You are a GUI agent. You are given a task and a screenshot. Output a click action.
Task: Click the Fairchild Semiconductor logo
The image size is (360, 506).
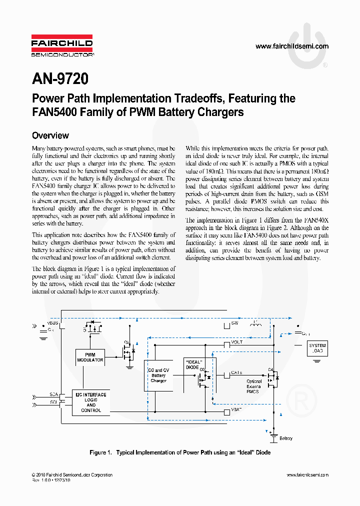[x=62, y=45]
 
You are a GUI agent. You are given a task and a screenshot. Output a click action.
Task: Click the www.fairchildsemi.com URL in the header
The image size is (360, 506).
[x=292, y=46]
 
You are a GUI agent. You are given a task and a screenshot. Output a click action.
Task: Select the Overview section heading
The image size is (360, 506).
[x=50, y=135]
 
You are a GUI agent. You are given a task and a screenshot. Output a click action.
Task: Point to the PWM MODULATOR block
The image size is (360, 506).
[x=90, y=357]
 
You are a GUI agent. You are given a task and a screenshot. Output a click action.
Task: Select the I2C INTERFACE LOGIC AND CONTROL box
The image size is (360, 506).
[x=90, y=402]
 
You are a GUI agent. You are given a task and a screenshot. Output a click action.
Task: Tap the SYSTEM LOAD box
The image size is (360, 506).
[x=317, y=348]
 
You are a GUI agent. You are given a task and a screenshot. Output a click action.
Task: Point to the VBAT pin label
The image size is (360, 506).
[x=236, y=409]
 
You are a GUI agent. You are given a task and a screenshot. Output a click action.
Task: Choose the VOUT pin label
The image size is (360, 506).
[x=236, y=342]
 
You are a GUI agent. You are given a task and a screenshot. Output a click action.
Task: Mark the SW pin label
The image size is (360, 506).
[x=235, y=323]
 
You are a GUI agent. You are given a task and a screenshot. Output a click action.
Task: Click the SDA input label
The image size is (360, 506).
[x=53, y=394]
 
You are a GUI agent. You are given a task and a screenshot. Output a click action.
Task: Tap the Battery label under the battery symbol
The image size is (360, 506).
[x=286, y=438]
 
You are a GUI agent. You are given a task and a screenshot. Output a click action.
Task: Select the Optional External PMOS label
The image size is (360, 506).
[x=253, y=386]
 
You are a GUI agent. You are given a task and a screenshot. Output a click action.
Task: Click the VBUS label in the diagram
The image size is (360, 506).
[x=53, y=322]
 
